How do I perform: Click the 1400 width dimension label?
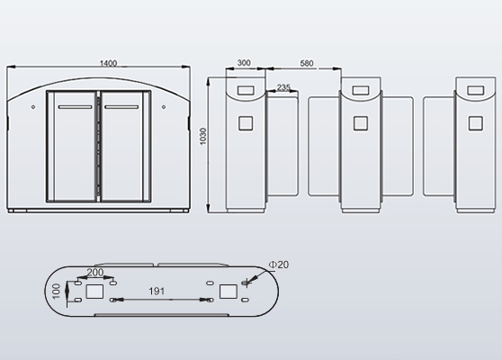coord(108,63)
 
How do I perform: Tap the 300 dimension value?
coord(244,63)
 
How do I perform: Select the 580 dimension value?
coord(307,63)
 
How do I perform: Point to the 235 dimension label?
coord(283,87)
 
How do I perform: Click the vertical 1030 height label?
coord(203,137)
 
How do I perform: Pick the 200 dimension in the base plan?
coord(95,272)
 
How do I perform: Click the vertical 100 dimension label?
coord(57,291)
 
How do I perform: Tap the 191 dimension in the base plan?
coord(157,291)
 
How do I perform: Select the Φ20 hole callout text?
coord(279,265)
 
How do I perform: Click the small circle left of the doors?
coord(33,107)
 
